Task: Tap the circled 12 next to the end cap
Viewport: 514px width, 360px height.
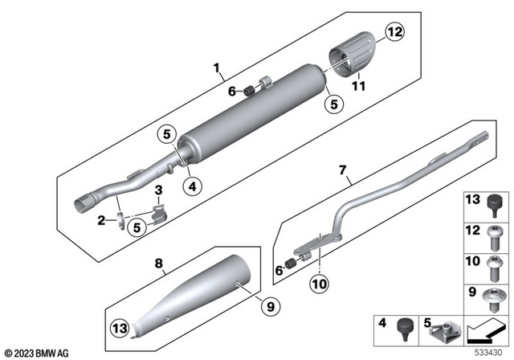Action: pyautogui.click(x=394, y=34)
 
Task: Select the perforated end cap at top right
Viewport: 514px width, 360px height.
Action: pyautogui.click(x=351, y=51)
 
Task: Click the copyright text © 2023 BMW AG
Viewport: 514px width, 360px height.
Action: pyautogui.click(x=37, y=351)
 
